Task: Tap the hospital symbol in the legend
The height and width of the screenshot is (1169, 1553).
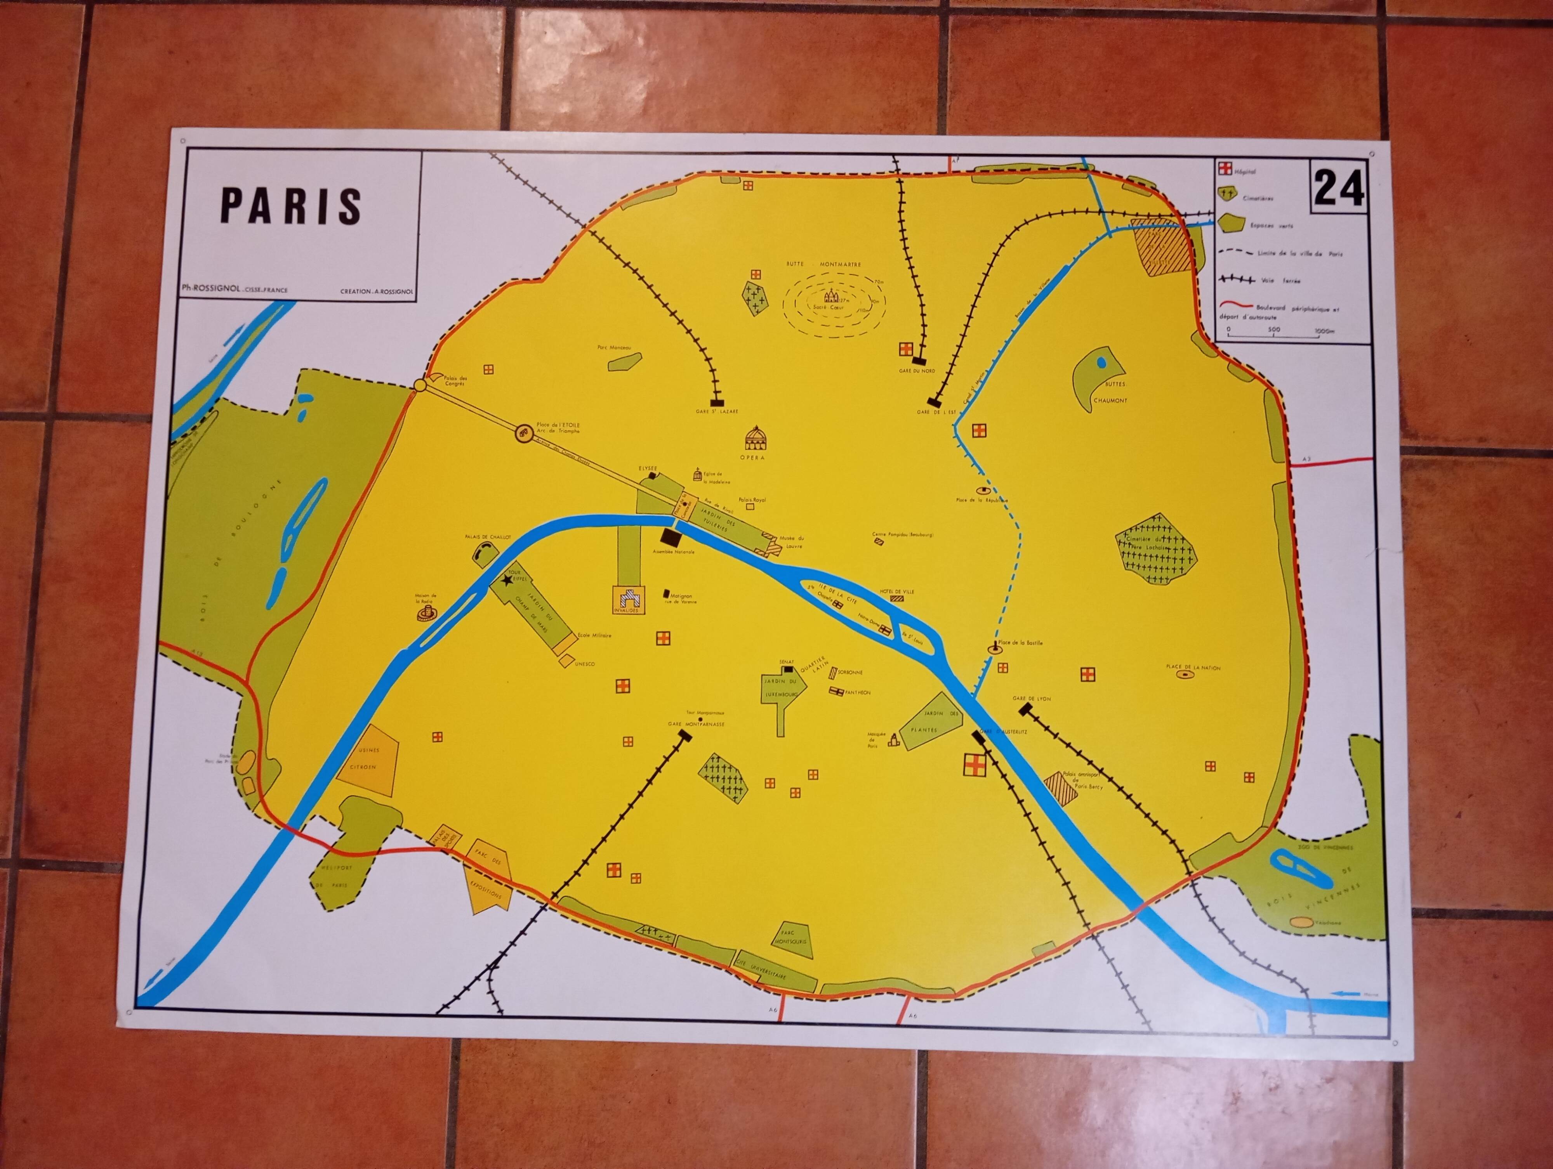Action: coord(1225,170)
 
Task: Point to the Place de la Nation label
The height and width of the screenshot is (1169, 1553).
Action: coord(1193,667)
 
